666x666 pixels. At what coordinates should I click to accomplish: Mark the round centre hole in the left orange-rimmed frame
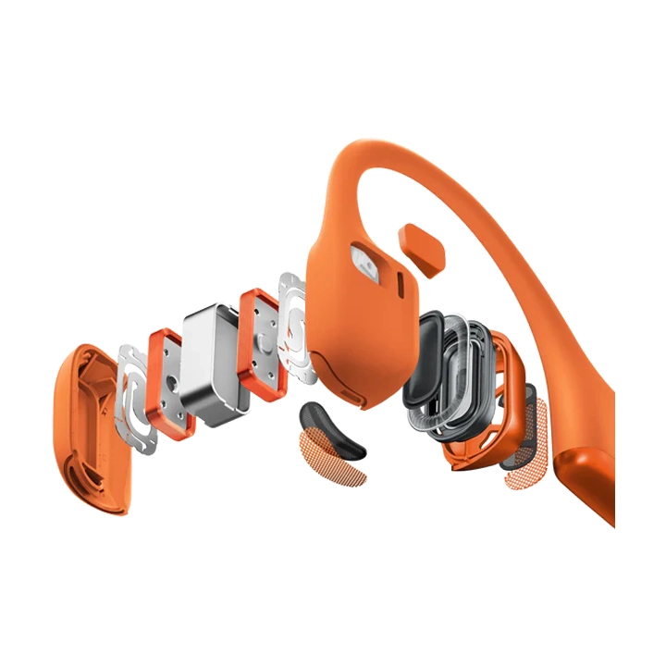[172, 382]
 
